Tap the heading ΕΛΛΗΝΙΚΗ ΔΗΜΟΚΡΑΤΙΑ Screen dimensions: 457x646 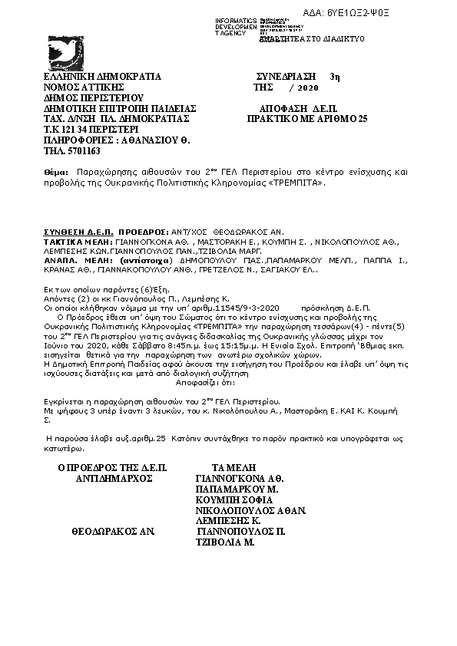102,77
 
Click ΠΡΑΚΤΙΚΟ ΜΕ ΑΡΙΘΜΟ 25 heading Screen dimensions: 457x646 307,120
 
